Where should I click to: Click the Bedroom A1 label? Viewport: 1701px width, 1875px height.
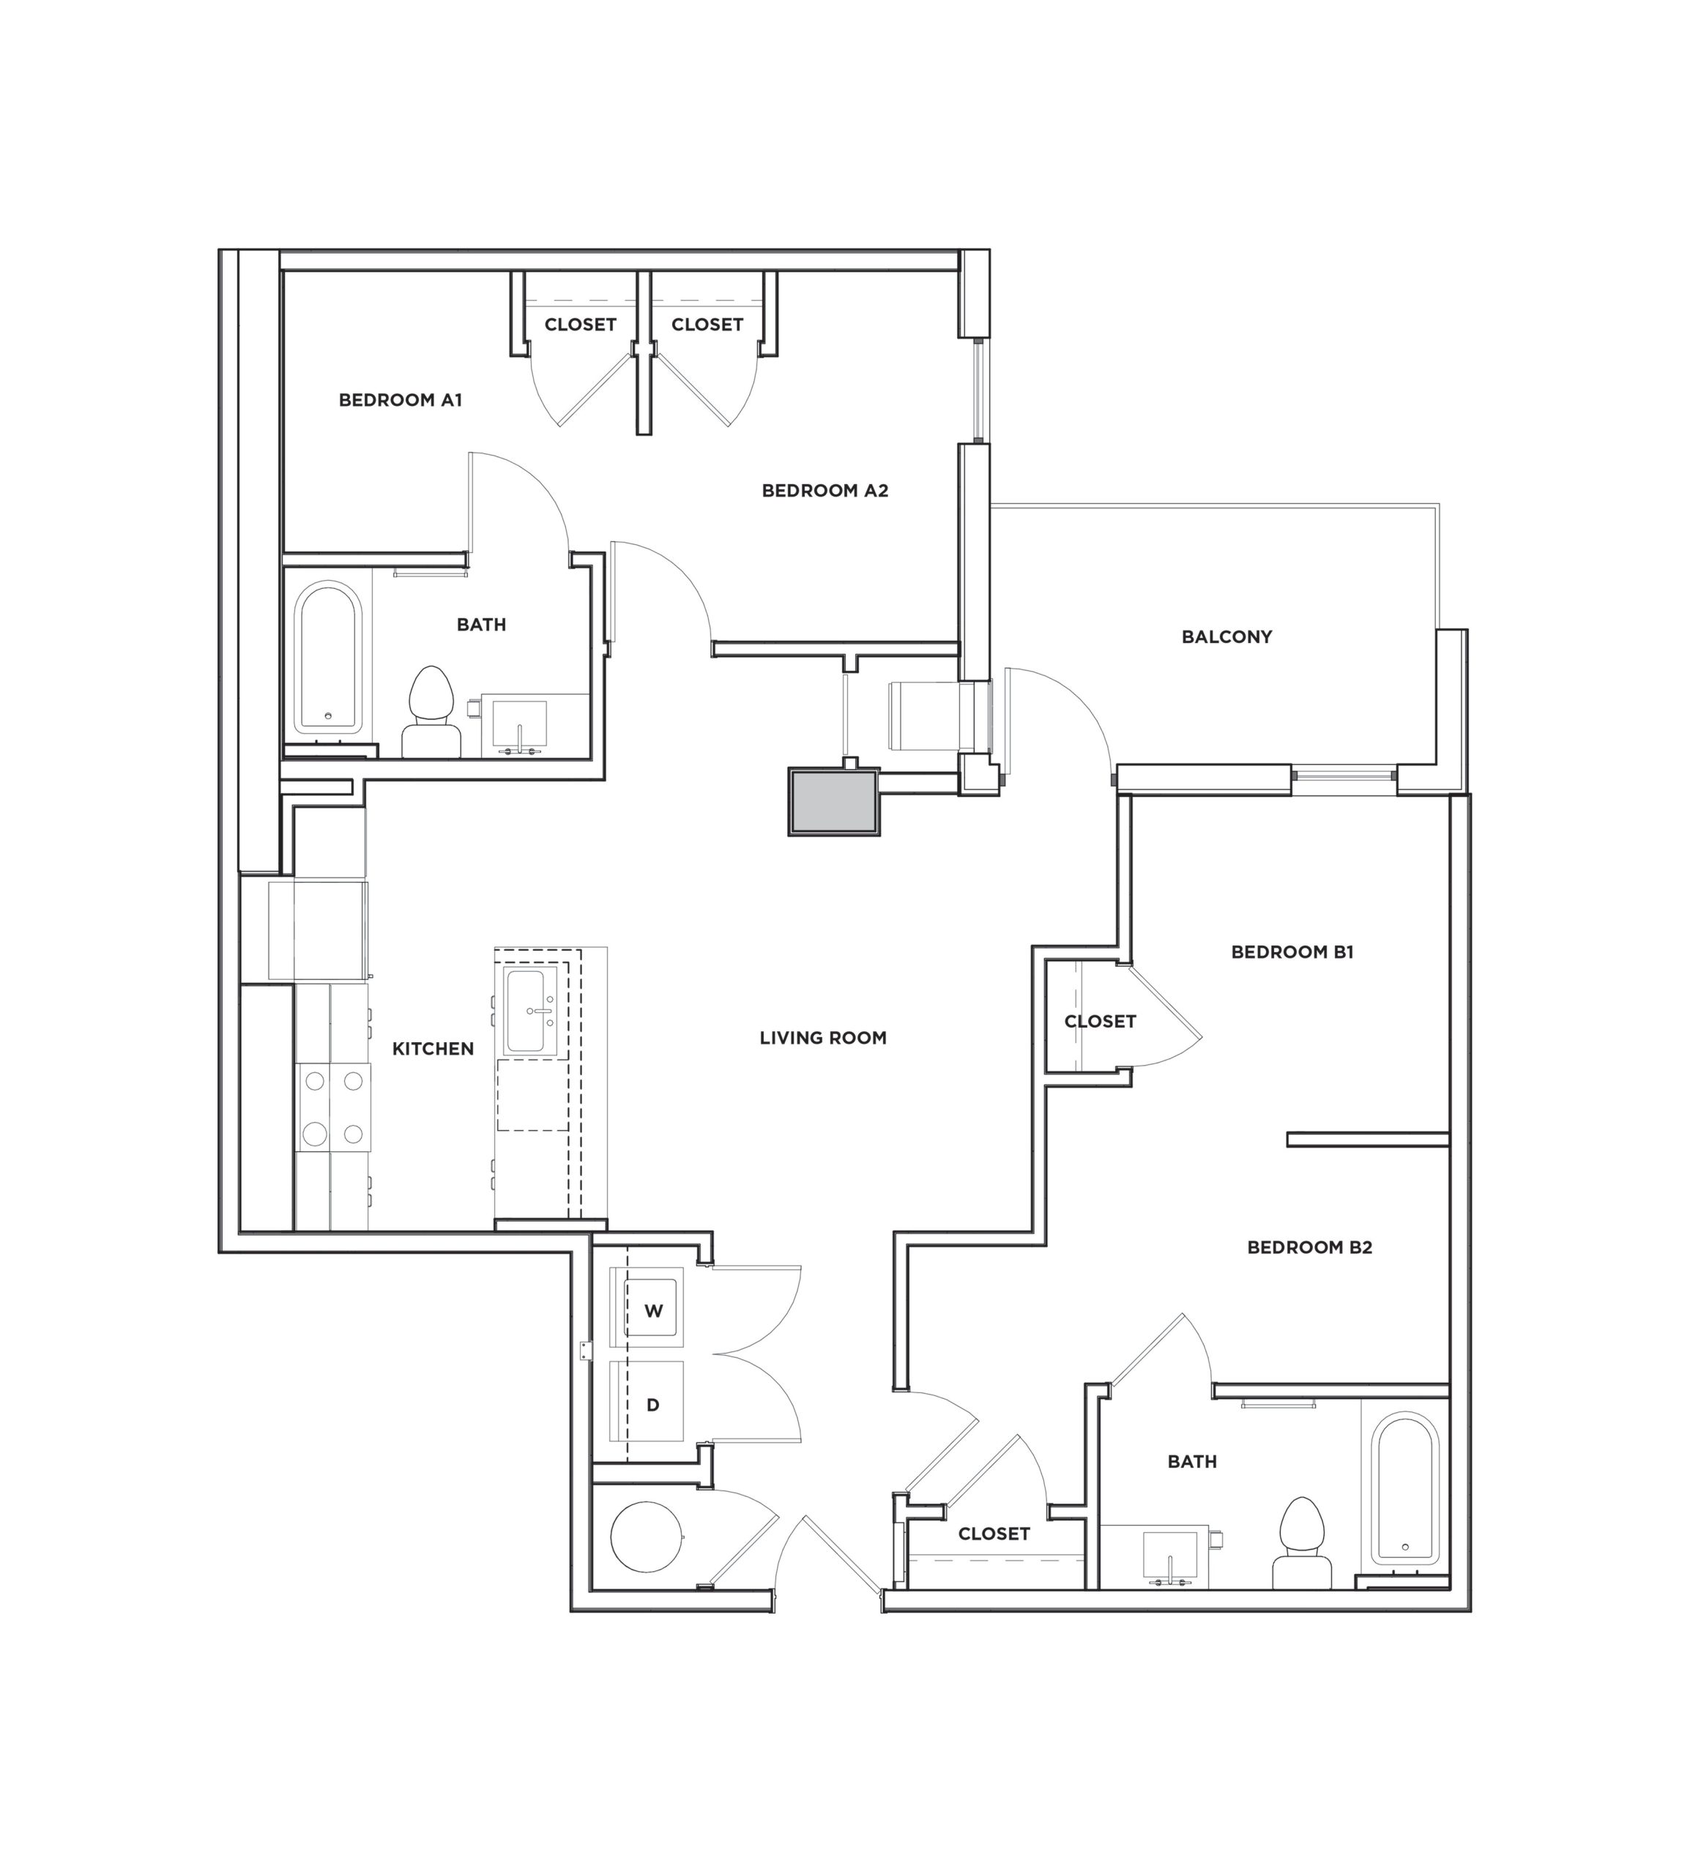400,400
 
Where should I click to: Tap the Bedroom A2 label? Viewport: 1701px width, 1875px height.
825,490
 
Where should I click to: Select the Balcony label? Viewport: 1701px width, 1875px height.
1226,637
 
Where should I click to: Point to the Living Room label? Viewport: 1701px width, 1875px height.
822,1037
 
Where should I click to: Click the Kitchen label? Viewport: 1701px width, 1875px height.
433,1048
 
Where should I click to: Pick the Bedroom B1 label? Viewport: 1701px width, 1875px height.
1292,951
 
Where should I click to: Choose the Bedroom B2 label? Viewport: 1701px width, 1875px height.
1309,1247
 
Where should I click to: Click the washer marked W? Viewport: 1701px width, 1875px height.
653,1311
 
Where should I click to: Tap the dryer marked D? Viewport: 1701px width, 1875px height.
653,1404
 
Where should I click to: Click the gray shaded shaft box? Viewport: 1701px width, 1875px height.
833,801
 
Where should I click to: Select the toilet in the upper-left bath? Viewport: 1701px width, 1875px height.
431,713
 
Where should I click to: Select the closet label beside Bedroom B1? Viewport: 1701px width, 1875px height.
1099,1021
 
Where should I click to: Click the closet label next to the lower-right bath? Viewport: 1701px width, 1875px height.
993,1534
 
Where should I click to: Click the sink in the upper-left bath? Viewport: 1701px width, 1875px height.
519,724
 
